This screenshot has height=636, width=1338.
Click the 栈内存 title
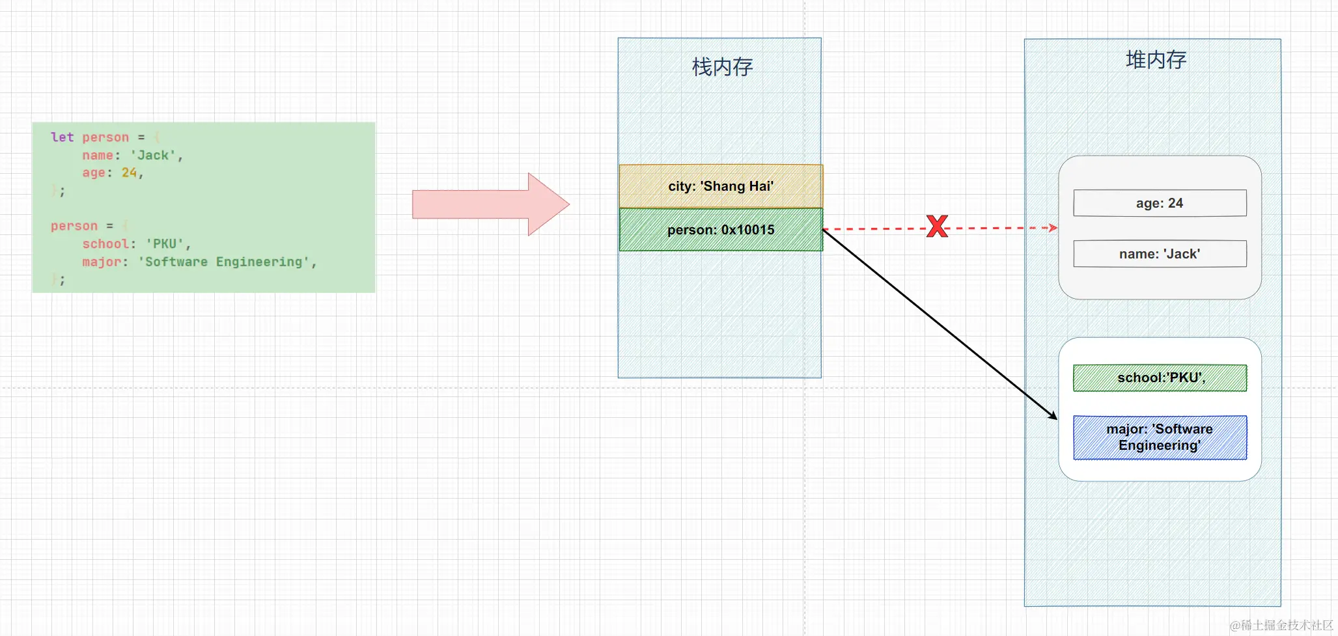(722, 67)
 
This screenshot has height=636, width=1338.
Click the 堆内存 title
(1156, 60)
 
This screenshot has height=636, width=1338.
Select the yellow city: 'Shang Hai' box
(721, 186)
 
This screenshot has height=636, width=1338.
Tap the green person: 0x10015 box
(721, 230)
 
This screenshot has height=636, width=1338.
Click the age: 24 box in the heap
(1160, 203)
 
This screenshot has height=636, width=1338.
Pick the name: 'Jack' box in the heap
(1160, 254)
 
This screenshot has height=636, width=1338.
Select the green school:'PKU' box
(1160, 378)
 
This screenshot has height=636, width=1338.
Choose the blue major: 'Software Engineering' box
(1160, 437)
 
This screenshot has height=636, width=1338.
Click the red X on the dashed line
(937, 227)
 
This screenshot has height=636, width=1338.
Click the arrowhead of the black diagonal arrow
(1053, 416)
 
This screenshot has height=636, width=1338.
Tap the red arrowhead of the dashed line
(1053, 228)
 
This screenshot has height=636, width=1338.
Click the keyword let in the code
(62, 137)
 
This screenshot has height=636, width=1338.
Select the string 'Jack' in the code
(153, 156)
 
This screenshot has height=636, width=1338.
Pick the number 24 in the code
(129, 173)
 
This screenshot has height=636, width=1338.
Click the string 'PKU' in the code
(165, 244)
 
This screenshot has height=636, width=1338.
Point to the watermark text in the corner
(1281, 625)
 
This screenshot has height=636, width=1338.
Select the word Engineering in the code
(259, 262)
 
